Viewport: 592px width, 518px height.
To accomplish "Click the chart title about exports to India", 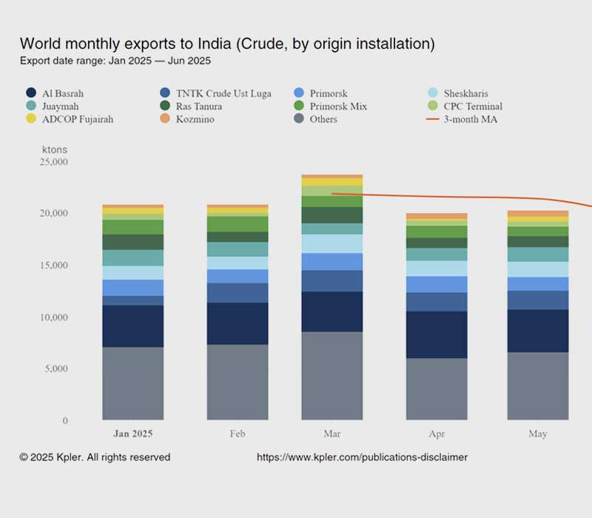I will click(x=226, y=44).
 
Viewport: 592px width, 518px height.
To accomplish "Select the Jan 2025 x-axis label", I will click(x=133, y=434).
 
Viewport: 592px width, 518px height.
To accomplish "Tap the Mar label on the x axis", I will click(x=332, y=434).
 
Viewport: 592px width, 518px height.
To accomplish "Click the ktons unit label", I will click(x=55, y=149).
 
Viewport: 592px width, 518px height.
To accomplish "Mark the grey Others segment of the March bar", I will click(x=332, y=376).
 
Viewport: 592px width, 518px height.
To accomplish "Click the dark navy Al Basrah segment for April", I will click(x=437, y=334).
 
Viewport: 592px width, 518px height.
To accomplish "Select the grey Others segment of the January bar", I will click(x=133, y=383).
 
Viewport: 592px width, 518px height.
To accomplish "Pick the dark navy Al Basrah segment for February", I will click(x=238, y=323).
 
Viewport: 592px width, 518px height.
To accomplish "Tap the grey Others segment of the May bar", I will click(x=537, y=386).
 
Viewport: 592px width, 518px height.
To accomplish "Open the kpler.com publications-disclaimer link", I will click(x=362, y=457).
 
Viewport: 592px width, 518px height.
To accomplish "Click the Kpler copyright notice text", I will click(x=95, y=457).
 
